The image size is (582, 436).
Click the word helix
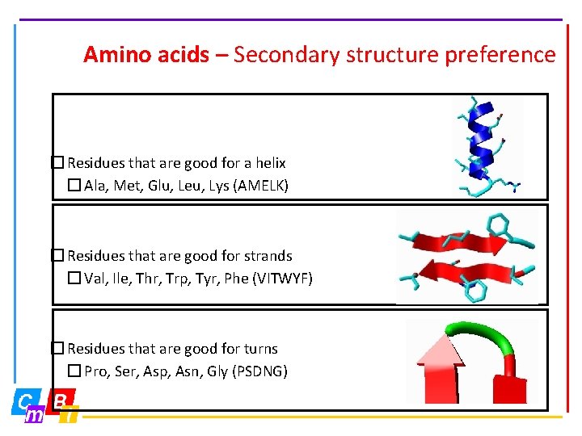pyautogui.click(x=268, y=163)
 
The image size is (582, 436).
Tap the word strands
pyautogui.click(x=268, y=256)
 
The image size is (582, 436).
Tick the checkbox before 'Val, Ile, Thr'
pyautogui.click(x=74, y=279)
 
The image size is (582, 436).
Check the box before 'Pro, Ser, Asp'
pyautogui.click(x=74, y=371)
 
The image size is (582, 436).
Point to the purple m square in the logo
pyautogui.click(x=35, y=416)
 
